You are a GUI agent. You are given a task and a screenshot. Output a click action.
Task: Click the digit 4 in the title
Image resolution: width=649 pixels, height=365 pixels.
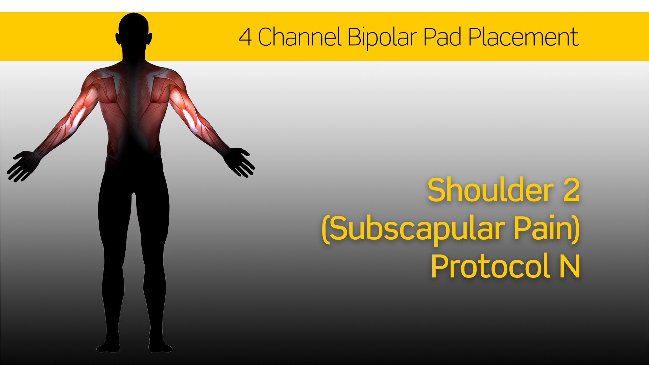[245, 37]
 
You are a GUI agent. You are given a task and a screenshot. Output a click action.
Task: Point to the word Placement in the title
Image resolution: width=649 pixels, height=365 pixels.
[524, 38]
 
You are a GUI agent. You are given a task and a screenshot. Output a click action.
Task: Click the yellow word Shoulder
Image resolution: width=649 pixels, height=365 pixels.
[490, 190]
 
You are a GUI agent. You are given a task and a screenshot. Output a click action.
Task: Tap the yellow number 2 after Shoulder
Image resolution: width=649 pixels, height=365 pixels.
[571, 190]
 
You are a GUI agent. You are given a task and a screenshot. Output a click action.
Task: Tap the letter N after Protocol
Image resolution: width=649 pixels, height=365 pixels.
[570, 267]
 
